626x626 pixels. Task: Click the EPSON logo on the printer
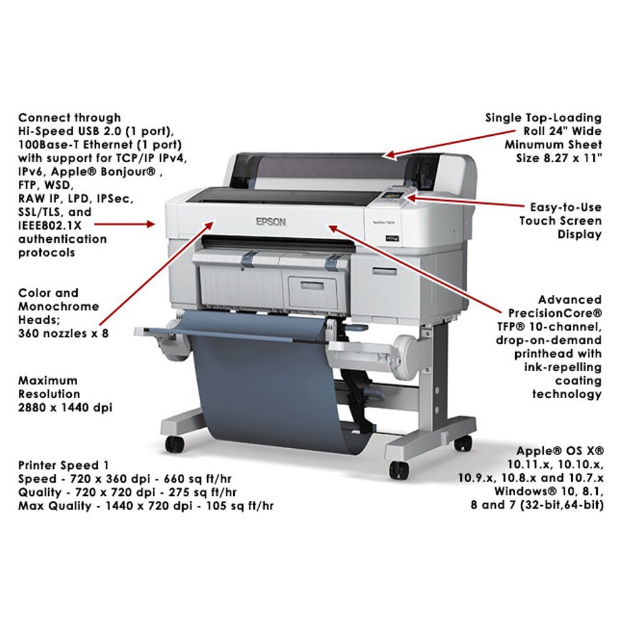pyautogui.click(x=270, y=222)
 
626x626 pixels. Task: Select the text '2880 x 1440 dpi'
pyautogui.click(x=66, y=408)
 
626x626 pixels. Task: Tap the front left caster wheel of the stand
pyautogui.click(x=175, y=444)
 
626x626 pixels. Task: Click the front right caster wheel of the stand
pyautogui.click(x=399, y=469)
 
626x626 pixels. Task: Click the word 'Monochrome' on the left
pyautogui.click(x=59, y=306)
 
